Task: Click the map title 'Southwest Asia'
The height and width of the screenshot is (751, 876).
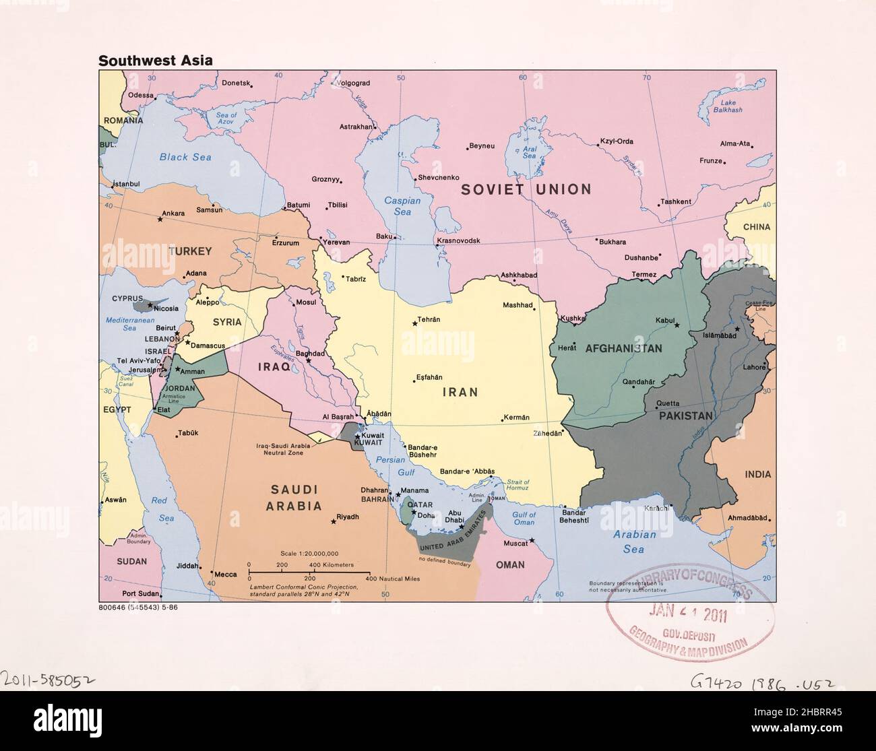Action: [156, 60]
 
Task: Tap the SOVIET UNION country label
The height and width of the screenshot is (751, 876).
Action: [526, 190]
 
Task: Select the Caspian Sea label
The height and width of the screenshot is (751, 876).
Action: [402, 205]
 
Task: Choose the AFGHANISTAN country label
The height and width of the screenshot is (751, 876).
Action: [623, 349]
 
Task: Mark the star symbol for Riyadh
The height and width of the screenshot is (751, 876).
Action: [333, 521]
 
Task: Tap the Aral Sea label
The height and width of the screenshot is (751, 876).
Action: [530, 152]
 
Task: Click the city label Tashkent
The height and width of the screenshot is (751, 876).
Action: [675, 201]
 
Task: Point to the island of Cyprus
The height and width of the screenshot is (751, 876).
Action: [149, 304]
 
